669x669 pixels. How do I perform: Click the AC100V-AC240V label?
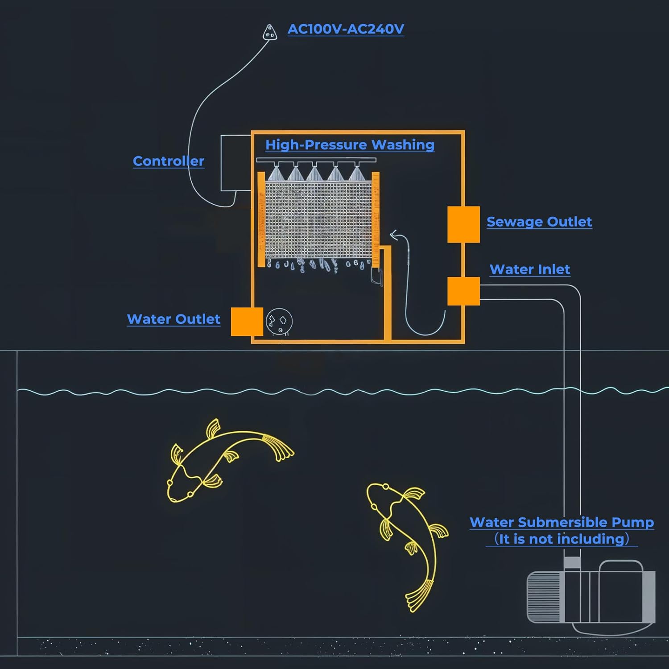click(x=346, y=29)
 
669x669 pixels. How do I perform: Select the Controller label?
click(x=169, y=161)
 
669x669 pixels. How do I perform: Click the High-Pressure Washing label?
click(x=350, y=145)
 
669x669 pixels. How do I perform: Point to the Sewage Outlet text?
click(x=539, y=222)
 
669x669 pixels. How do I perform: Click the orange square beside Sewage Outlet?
click(x=463, y=224)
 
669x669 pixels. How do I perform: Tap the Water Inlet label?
click(x=530, y=269)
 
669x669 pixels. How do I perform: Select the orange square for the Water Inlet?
click(x=463, y=291)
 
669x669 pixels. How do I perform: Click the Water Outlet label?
click(x=173, y=319)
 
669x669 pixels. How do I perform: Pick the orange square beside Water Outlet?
click(x=247, y=322)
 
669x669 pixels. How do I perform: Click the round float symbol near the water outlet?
click(x=279, y=321)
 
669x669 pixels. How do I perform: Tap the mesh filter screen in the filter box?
click(x=318, y=219)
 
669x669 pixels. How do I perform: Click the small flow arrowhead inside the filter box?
click(x=393, y=235)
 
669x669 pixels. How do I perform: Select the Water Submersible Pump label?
click(x=562, y=522)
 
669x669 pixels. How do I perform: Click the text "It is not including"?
click(x=562, y=539)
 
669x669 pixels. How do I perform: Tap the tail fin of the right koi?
click(x=419, y=595)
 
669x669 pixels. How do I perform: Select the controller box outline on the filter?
click(x=236, y=163)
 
